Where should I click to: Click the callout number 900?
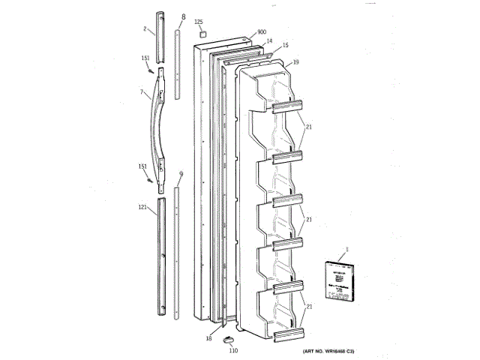pos(262,32)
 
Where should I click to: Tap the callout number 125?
pos(199,23)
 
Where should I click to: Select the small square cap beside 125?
pos(201,34)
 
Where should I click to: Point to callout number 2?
pos(144,29)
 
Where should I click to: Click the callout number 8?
pos(183,16)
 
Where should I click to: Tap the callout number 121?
pos(142,207)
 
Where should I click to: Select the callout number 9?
pos(181,173)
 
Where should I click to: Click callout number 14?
pos(269,41)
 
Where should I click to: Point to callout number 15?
pos(285,46)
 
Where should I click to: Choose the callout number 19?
pos(297,62)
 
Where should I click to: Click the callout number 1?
pos(347,250)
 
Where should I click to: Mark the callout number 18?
pos(209,340)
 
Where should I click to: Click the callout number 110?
pos(232,350)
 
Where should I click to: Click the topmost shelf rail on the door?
pos(287,106)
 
